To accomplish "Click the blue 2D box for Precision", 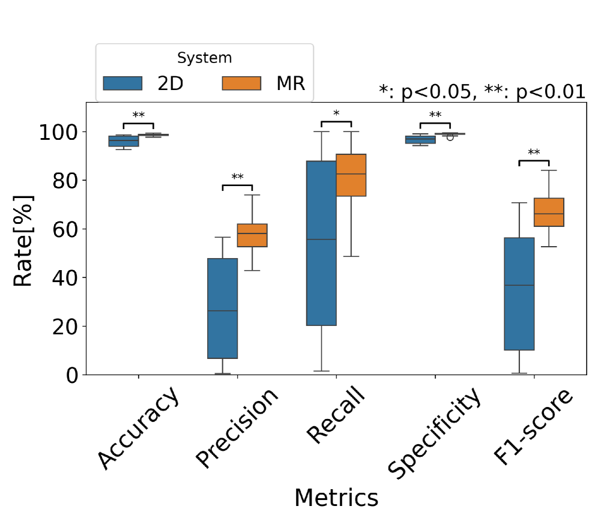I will coord(223,308).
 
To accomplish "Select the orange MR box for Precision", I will coord(252,235).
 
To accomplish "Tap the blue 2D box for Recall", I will coord(321,243).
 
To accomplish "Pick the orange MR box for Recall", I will coord(351,175).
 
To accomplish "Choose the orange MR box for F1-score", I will coord(549,212).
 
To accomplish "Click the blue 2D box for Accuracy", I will coord(124,141).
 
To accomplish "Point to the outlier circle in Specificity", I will coord(450,137).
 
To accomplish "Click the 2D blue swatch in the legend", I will coord(122,83).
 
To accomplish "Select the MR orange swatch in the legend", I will coord(241,83).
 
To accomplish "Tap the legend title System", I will coord(205,58).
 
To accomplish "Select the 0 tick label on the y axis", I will coord(72,375).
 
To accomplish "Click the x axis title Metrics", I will coord(336,498).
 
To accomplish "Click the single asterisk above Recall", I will coord(336,113).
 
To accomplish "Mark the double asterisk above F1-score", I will coord(534,153).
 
